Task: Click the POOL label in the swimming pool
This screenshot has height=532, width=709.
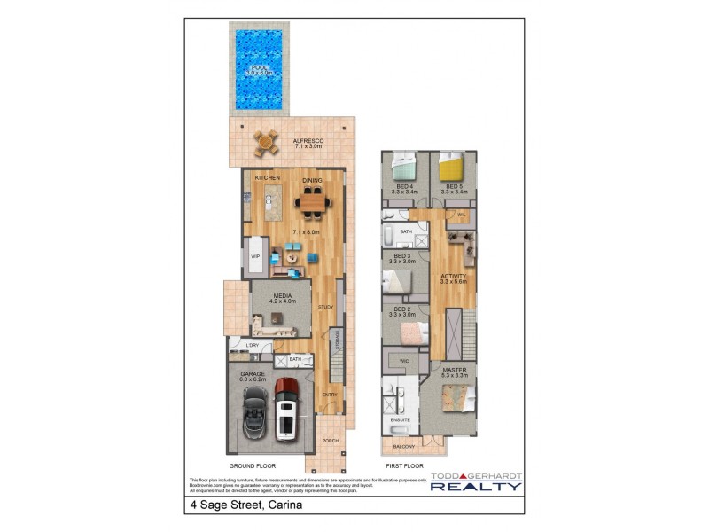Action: point(260,68)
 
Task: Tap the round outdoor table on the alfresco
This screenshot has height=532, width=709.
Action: point(265,141)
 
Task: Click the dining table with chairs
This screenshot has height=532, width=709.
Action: point(312,203)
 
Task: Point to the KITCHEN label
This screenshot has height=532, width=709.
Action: point(268,178)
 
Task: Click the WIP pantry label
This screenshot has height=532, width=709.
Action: point(254,257)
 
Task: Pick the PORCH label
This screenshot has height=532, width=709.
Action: point(330,441)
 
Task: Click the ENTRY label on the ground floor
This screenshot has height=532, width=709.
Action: point(330,395)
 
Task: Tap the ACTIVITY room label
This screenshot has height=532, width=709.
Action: point(454,276)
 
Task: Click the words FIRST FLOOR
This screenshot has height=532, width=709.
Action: point(404,465)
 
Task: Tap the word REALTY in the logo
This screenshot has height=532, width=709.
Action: point(476,486)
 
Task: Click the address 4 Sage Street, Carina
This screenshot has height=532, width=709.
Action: point(245,505)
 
